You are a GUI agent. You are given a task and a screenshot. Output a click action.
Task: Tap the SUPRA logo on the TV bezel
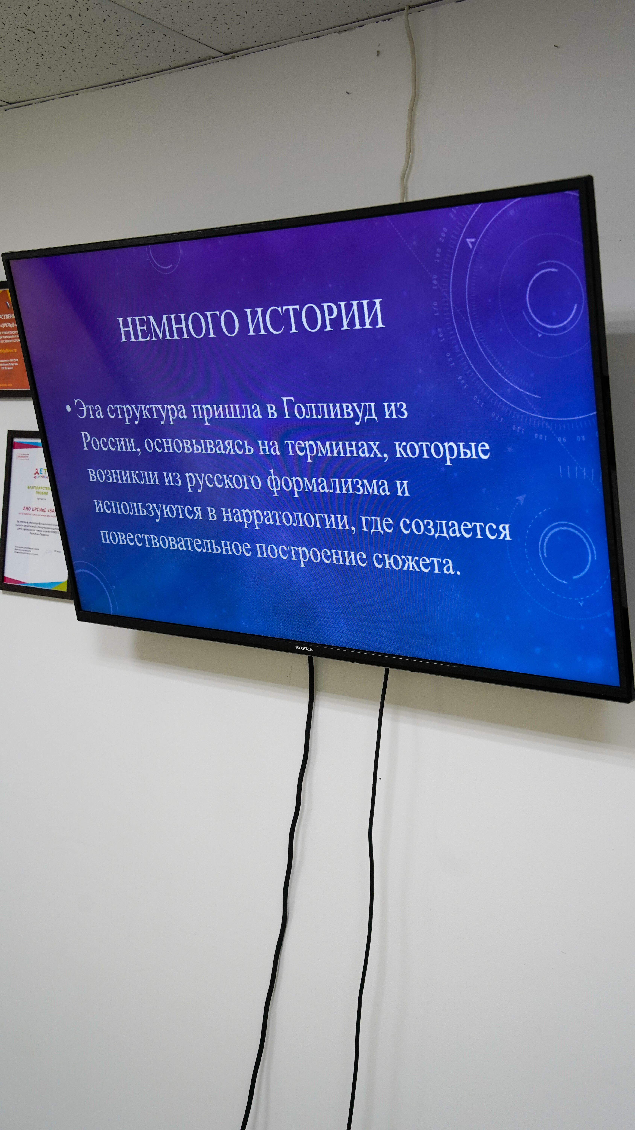(304, 647)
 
